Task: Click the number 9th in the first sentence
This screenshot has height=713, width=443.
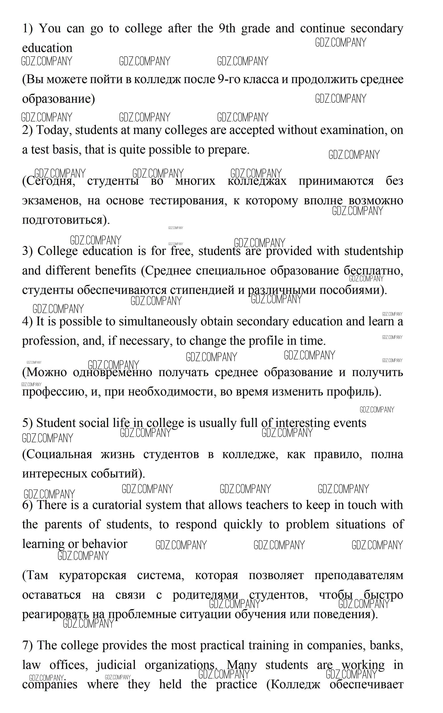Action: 227,29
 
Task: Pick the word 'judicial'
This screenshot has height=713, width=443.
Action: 116,665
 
